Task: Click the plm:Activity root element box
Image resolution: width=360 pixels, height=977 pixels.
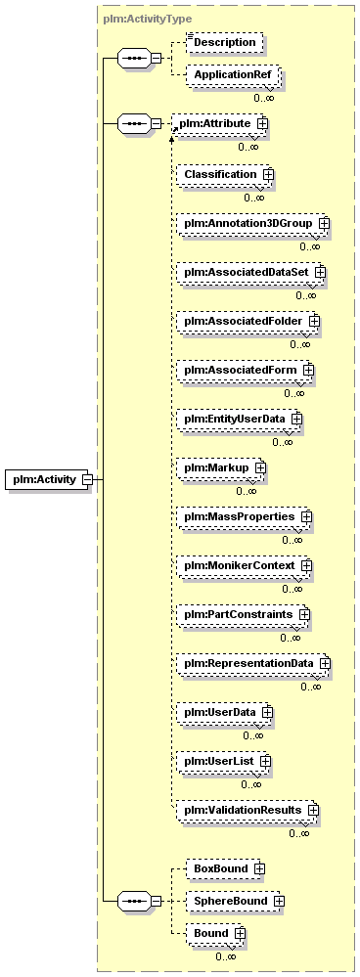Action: [47, 479]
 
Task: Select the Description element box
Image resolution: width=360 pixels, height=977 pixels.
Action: [225, 42]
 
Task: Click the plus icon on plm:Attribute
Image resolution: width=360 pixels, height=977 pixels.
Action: [263, 123]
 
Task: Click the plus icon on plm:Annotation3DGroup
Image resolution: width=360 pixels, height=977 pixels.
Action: [323, 222]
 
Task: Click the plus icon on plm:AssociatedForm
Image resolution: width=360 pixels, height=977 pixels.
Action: [308, 370]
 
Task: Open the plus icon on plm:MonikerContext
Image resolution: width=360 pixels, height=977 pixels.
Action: [306, 565]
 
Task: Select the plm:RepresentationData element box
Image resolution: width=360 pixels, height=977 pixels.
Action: [252, 663]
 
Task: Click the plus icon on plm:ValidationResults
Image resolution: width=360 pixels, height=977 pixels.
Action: [313, 810]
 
